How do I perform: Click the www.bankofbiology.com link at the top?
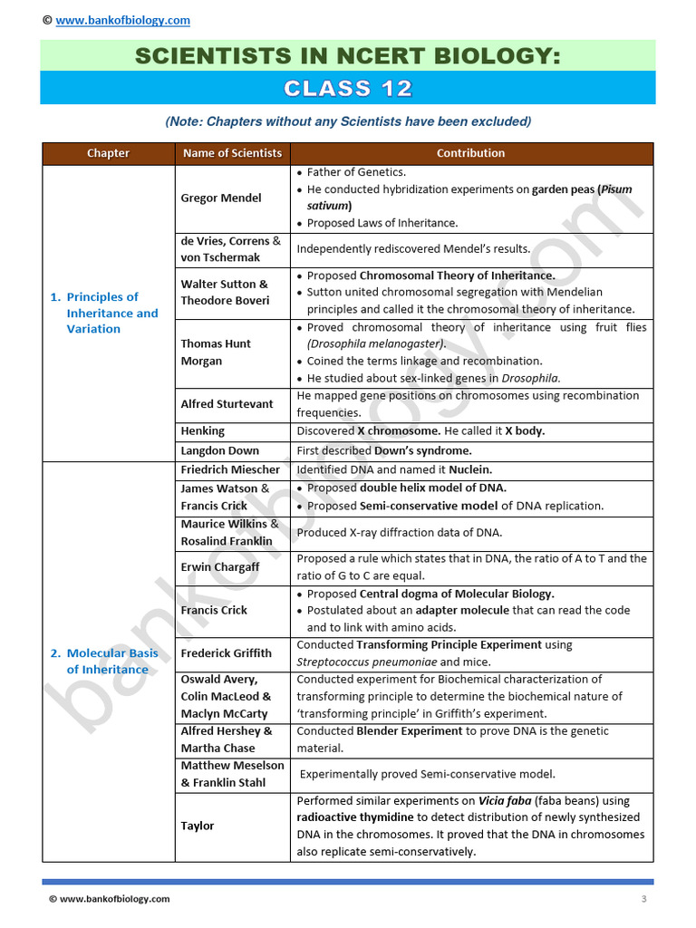(x=122, y=20)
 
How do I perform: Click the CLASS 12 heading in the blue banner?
(x=348, y=88)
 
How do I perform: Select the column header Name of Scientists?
(x=232, y=153)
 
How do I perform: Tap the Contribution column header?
(x=470, y=153)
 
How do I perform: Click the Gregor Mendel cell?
(x=221, y=198)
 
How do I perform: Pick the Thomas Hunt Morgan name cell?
(x=216, y=352)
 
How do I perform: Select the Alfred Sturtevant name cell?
(x=227, y=404)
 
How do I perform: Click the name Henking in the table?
(x=203, y=431)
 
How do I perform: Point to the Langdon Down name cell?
(x=219, y=450)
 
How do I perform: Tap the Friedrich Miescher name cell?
(x=230, y=469)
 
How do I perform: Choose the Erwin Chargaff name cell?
(x=220, y=567)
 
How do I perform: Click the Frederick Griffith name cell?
(x=226, y=653)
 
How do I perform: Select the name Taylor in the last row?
(x=198, y=826)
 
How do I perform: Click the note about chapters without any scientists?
(x=348, y=121)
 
